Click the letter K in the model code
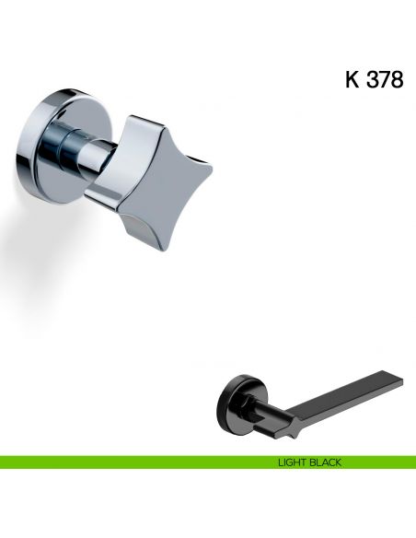pos(352,79)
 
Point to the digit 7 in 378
pos(386,79)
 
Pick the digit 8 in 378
pos(398,79)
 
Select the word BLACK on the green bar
pos(324,462)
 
